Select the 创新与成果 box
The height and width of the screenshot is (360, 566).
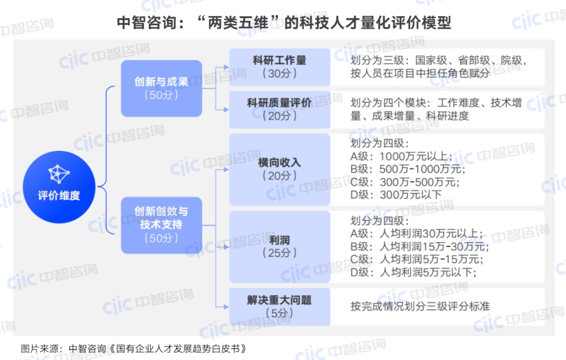(161, 88)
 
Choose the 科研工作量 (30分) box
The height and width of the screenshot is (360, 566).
(279, 67)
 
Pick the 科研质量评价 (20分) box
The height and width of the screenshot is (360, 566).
(279, 109)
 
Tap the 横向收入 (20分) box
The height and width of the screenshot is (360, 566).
(279, 169)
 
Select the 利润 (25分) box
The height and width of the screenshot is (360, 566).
(279, 246)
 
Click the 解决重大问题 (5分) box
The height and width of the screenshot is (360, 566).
(279, 306)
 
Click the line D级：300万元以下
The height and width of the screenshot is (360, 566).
(396, 195)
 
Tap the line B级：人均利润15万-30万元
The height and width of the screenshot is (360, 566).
(419, 246)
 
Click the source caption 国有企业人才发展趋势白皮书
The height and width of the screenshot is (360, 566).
(181, 348)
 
